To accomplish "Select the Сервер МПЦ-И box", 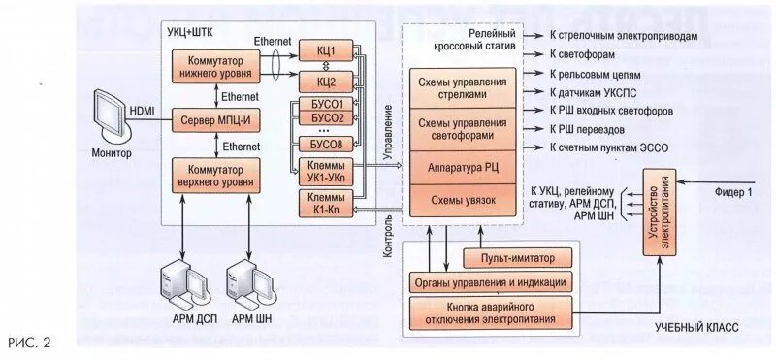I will tap(214, 119).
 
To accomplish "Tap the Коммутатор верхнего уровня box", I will tap(214, 175).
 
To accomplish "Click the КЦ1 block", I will tap(326, 50).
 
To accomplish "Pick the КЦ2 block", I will tap(326, 81).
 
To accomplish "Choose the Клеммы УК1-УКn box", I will tap(326, 171).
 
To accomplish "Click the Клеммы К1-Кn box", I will tap(326, 204).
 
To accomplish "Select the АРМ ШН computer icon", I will tap(245, 281).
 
